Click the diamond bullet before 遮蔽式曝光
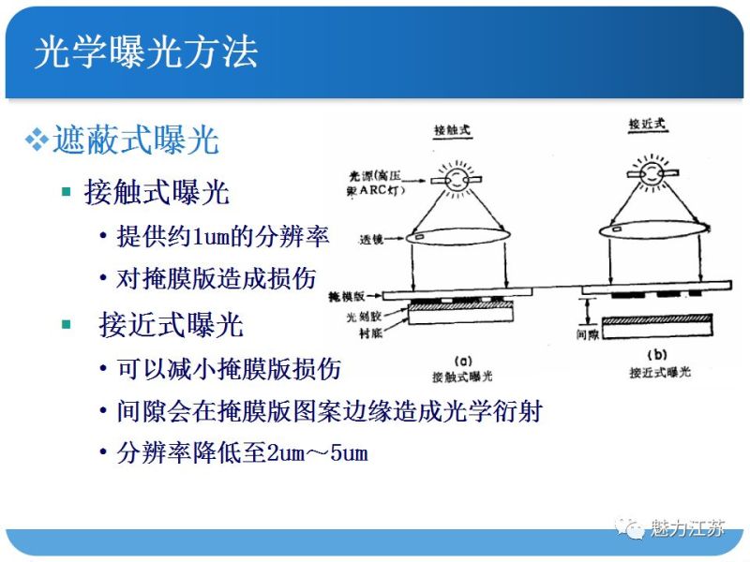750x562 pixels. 36,140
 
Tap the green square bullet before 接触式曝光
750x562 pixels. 66,192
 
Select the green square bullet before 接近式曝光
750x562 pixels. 66,324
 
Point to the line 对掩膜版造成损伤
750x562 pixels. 217,278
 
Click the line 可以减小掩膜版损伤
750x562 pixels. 229,368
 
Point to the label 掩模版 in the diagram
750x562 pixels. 365,295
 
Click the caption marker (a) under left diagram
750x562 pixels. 462,360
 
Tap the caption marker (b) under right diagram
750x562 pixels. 656,355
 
